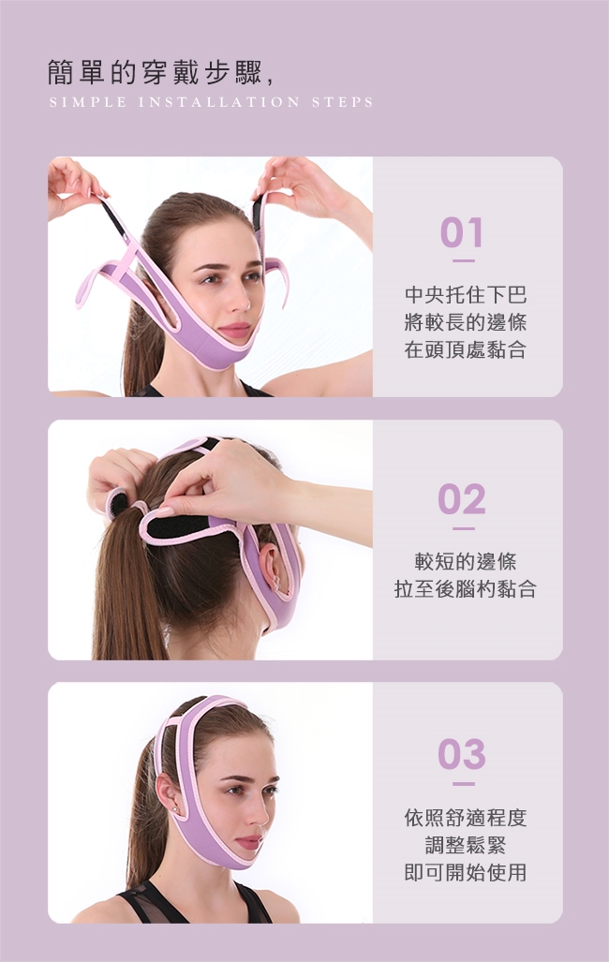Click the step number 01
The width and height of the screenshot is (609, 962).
coord(462,233)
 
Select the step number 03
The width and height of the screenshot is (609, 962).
coord(462,754)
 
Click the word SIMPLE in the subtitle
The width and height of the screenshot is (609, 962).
coord(88,102)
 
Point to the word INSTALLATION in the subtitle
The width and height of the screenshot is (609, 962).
coord(219,102)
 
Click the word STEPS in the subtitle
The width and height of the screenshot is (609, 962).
coord(342,102)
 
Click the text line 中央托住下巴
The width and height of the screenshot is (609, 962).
coord(466,294)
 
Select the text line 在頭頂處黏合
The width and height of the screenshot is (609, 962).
coord(466,349)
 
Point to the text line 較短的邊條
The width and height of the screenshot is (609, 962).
coord(466,561)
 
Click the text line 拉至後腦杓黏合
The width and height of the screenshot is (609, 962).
coord(466,588)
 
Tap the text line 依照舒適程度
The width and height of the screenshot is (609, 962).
coord(466,817)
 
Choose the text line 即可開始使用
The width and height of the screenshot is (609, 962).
coord(466,872)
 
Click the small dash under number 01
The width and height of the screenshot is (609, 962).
coord(464,260)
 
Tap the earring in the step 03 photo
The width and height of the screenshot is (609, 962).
coord(177,810)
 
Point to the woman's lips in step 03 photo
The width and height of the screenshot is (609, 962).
coord(249,842)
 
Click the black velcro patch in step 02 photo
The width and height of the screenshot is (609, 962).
coord(178,525)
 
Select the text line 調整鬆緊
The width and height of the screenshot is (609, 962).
coord(466,845)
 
